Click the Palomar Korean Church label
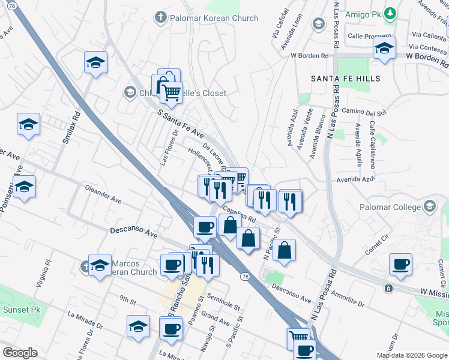coord(214,18)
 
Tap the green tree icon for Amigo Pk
coord(391,13)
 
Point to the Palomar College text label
coord(390,207)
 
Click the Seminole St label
coord(223,302)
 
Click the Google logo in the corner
coord(20,353)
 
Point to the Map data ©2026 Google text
coord(411,355)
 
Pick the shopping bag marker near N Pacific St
coord(285,250)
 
